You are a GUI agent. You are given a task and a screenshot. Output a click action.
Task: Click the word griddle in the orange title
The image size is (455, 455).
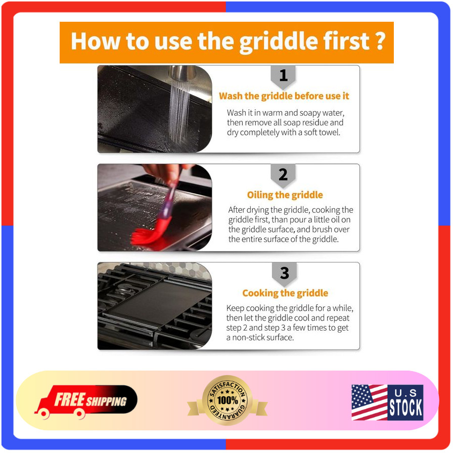pyautogui.click(x=279, y=42)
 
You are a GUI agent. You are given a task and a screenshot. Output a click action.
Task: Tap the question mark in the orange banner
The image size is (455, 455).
pyautogui.click(x=379, y=41)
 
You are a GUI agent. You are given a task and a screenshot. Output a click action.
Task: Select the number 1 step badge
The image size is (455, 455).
pyautogui.click(x=283, y=76)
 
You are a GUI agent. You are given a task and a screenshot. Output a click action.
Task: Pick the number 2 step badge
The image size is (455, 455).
pyautogui.click(x=283, y=175)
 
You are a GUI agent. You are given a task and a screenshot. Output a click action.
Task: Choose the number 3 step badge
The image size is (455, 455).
pyautogui.click(x=284, y=274)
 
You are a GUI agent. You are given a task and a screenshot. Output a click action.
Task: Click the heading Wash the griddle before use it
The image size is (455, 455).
pyautogui.click(x=284, y=96)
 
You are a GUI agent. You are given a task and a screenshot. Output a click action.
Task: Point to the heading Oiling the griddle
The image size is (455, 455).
pyautogui.click(x=285, y=195)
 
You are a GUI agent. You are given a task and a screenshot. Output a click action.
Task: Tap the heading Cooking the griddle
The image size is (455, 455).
pyautogui.click(x=285, y=293)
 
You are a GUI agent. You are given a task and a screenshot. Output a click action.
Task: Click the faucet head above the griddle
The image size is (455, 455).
pyautogui.click(x=182, y=72)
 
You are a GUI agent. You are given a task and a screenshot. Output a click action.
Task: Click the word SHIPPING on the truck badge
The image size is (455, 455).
pyautogui.click(x=107, y=401)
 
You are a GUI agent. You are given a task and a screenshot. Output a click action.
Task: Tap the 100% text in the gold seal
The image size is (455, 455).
pyautogui.click(x=228, y=400)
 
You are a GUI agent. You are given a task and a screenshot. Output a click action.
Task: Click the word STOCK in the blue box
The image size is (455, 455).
pyautogui.click(x=405, y=407)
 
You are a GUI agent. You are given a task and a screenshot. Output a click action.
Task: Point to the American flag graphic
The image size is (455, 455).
pyautogui.click(x=370, y=402)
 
